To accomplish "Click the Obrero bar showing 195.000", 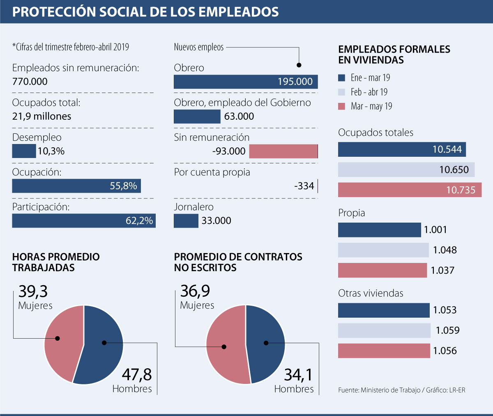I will click(x=245, y=81).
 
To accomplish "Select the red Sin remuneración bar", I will click(x=283, y=151).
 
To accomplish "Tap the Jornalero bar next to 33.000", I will click(x=186, y=221).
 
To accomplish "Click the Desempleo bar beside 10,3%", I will click(x=24, y=151).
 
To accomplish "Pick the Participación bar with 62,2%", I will click(x=83, y=221).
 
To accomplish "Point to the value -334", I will click(x=304, y=186).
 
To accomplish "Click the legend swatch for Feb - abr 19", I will click(x=341, y=92).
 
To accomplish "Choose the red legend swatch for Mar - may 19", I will click(x=341, y=107).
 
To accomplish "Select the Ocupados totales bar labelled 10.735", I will click(x=409, y=190).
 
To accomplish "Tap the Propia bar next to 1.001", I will click(x=379, y=230).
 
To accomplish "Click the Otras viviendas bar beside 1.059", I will click(x=384, y=330).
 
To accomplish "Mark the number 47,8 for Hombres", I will click(x=137, y=375).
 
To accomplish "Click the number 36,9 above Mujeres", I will click(x=195, y=291).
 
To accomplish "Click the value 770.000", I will click(x=30, y=81).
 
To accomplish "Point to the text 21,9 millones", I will click(x=41, y=116).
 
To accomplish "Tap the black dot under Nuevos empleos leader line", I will click(x=299, y=65).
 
